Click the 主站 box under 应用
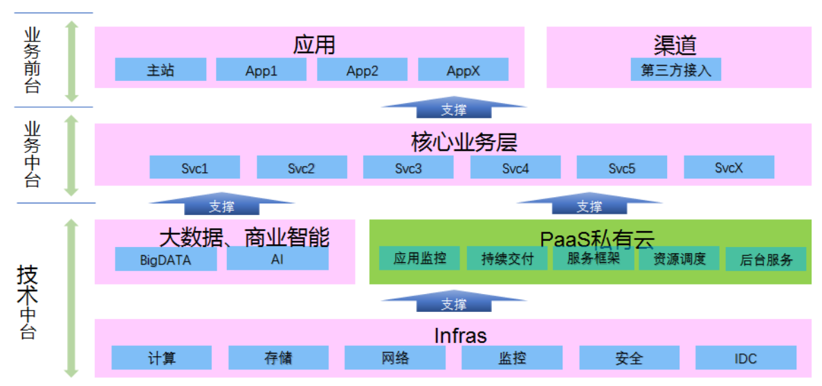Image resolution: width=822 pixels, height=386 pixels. (x=161, y=70)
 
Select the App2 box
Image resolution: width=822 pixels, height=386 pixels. (x=362, y=70)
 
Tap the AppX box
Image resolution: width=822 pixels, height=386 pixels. (x=463, y=70)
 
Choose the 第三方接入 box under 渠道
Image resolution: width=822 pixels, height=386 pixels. (x=675, y=70)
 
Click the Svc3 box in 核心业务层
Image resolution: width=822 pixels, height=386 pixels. (x=408, y=168)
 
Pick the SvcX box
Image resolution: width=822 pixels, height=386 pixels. (x=729, y=168)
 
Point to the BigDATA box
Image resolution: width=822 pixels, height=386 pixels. (x=165, y=260)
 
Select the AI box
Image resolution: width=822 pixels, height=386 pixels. (x=277, y=259)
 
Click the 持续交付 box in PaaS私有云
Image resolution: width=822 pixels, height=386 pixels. (x=508, y=259)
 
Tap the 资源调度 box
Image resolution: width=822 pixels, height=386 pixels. (x=679, y=259)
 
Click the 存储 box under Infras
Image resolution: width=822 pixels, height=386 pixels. (x=278, y=358)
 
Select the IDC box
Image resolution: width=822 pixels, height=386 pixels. (x=745, y=358)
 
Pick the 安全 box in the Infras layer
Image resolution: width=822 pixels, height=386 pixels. (x=629, y=358)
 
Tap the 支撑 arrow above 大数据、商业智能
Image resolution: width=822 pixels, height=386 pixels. (x=222, y=205)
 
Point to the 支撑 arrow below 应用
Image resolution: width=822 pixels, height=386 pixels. (x=454, y=109)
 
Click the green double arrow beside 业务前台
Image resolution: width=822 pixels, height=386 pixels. (x=72, y=61)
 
